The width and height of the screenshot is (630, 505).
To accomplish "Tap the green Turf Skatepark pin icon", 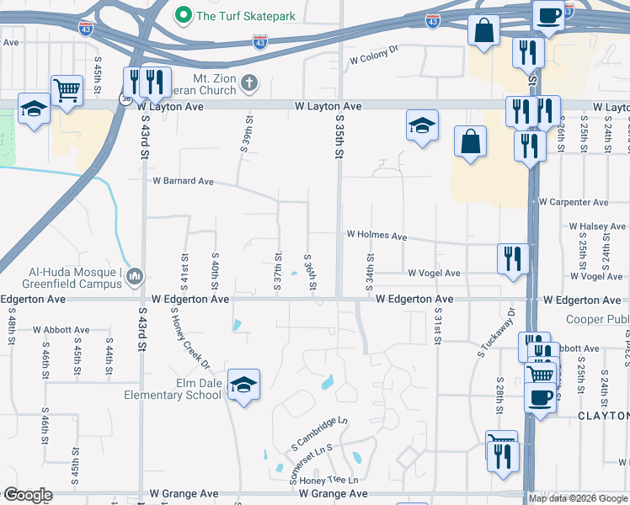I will (182, 15).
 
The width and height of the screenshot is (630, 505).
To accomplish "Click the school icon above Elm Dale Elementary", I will (243, 385).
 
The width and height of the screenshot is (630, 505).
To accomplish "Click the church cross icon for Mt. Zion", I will (248, 82).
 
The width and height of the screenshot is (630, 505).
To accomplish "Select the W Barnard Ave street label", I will (183, 181).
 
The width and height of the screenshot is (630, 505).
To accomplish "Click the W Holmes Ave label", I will (376, 236).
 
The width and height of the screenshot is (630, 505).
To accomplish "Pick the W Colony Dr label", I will (373, 61).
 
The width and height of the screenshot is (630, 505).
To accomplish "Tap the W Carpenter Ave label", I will (574, 203).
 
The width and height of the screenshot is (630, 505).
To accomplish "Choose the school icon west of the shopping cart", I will (34, 109).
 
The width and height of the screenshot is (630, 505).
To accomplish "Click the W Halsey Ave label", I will (597, 226).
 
